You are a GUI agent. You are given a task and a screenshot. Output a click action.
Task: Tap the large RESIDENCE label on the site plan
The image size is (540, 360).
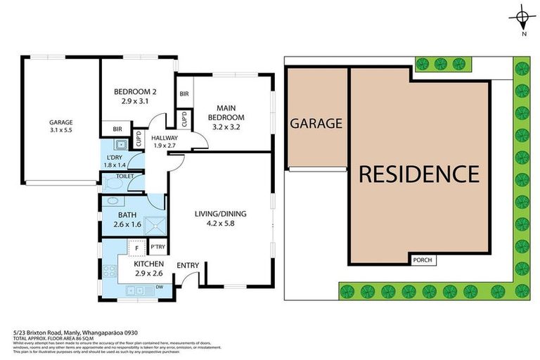pos(419,174)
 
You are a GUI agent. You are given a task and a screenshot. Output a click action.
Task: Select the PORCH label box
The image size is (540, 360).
pos(423,260)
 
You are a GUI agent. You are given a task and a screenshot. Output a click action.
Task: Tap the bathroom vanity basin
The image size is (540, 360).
pos(110,202)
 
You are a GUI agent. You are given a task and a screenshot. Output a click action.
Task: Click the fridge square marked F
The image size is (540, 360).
pos(136,247)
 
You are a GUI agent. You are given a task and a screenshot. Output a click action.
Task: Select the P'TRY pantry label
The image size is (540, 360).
pos(157,247)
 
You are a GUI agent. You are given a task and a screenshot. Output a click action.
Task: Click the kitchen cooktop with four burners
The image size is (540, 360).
pos(109,270)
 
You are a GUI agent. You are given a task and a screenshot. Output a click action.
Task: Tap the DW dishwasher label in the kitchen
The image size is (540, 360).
pos(160,286)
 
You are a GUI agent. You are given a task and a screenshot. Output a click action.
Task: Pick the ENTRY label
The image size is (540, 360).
pos(188,265)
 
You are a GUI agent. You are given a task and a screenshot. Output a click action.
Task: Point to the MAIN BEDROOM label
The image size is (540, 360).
pos(226,112)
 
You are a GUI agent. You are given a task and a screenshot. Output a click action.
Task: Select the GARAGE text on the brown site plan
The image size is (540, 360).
pos(316,123)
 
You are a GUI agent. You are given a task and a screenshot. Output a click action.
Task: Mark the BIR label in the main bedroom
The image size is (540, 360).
pos(184,94)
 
